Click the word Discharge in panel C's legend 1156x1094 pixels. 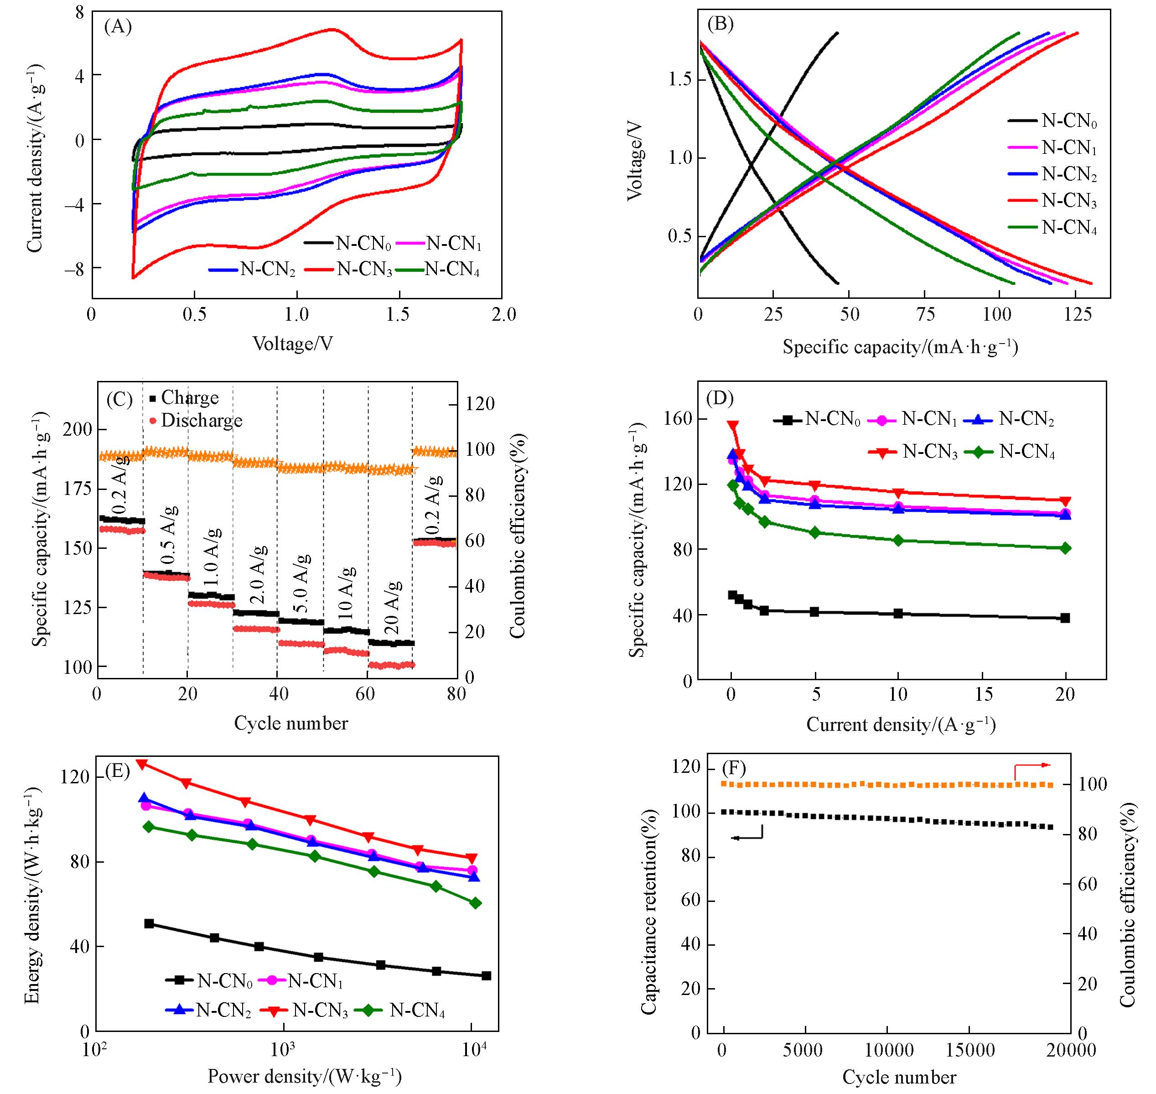point(201,421)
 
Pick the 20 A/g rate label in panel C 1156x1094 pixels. point(394,608)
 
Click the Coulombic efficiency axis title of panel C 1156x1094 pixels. point(518,535)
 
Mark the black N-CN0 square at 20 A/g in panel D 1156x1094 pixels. point(1066,618)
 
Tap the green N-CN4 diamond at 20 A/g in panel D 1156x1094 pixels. point(1066,548)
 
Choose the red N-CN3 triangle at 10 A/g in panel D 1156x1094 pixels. point(898,493)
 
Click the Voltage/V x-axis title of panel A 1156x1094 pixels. point(293,344)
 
